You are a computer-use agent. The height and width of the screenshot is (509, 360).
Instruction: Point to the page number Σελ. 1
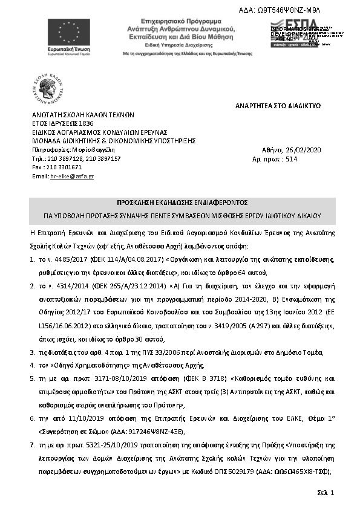326,494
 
